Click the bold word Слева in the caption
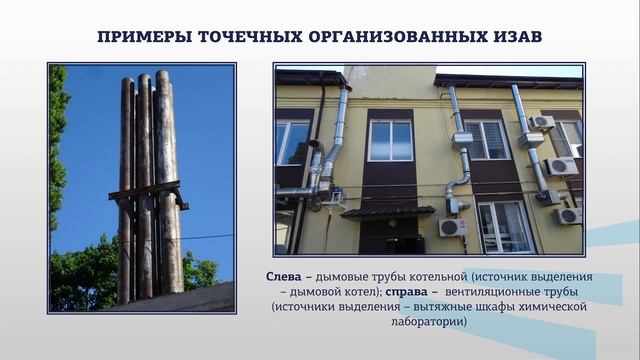[285, 275]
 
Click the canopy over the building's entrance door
[387, 211]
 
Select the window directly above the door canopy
[390, 140]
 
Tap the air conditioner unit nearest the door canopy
[453, 227]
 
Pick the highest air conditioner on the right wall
[541, 123]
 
